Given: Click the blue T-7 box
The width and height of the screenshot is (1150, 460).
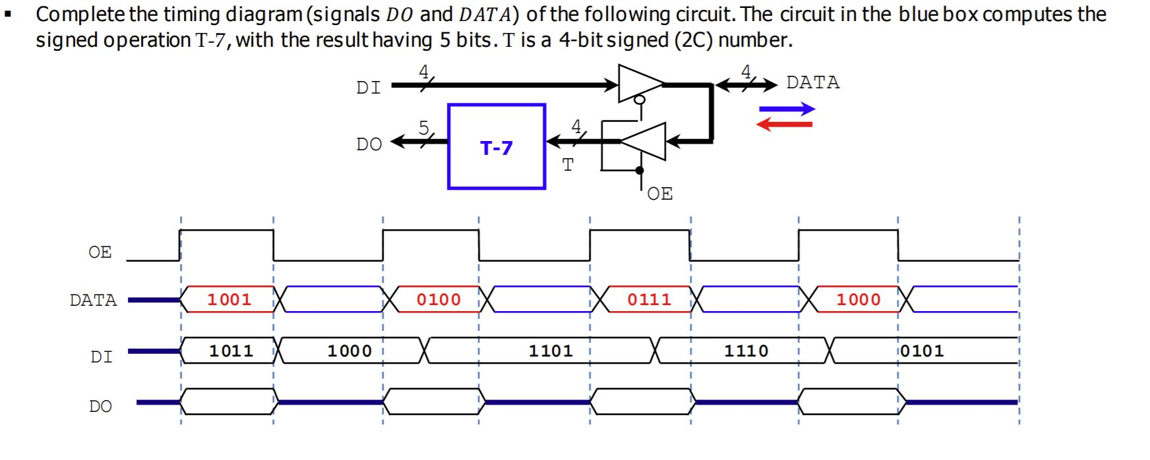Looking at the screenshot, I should (x=497, y=146).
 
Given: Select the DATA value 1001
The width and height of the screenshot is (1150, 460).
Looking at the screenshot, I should (x=229, y=299).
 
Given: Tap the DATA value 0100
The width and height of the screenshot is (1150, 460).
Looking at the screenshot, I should (x=439, y=299).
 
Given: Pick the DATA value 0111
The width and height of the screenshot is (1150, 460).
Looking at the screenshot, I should (x=649, y=299).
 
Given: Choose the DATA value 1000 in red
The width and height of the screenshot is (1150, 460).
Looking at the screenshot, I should (x=859, y=299).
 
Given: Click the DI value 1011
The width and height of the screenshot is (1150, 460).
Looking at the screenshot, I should (x=231, y=351).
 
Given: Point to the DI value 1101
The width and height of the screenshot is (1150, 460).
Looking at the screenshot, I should (x=551, y=351).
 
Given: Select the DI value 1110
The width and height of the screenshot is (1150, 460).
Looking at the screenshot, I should (x=746, y=351).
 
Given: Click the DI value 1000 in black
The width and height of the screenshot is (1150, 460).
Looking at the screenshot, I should (x=349, y=351).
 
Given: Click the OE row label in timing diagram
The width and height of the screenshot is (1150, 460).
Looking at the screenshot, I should (x=100, y=252).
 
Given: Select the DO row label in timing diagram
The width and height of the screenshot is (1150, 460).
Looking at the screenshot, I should (x=100, y=406).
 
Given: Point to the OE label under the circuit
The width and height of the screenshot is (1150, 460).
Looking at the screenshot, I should (x=659, y=193).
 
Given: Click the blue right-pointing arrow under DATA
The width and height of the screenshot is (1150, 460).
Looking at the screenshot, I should (x=787, y=109).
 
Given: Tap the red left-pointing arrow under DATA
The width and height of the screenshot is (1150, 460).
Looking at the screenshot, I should (x=784, y=124).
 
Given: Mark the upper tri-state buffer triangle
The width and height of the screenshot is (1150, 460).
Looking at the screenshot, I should (x=638, y=84).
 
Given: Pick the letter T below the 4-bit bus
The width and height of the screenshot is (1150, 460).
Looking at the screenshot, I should (x=568, y=164).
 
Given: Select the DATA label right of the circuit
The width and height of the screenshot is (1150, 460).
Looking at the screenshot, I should (x=813, y=82).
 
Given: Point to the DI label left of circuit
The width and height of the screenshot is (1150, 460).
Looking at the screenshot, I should (x=368, y=88).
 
